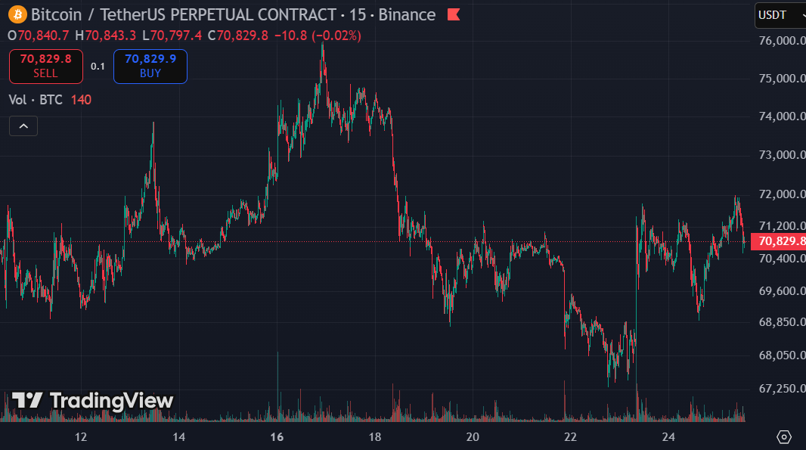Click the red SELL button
pos(45,66)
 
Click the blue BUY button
pos(150,66)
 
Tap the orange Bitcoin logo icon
pos(17,14)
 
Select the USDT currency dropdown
pos(779,15)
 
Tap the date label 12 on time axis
pos(81,437)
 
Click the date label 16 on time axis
pos(277,437)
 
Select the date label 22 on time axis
pos(571,437)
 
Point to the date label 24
pos(668,437)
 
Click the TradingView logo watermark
pos(92,401)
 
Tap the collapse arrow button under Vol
pos(23,126)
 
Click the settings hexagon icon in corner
pos(784,436)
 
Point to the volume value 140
pos(81,100)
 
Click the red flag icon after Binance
pos(454,14)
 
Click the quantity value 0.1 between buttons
pos(98,66)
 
